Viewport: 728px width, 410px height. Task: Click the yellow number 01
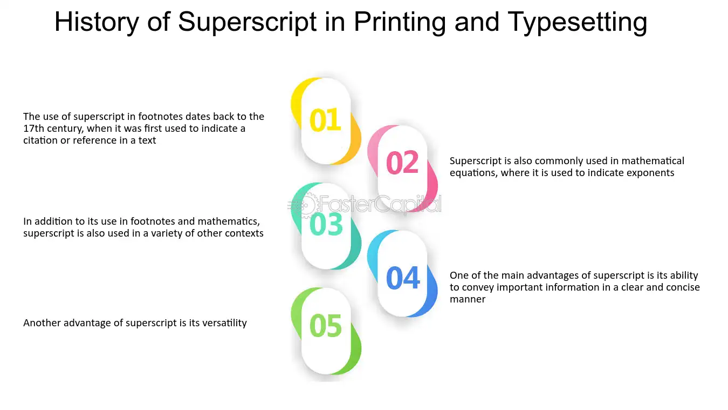click(325, 120)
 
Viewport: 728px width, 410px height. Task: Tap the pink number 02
click(402, 163)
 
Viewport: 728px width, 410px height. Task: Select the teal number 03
click(326, 224)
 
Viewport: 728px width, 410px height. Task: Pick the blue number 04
click(403, 278)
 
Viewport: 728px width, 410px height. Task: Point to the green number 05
click(326, 326)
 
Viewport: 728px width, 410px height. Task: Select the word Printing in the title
click(400, 23)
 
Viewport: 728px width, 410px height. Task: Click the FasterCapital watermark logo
click(365, 204)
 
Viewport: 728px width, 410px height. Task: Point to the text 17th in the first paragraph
click(34, 129)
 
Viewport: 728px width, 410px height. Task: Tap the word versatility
click(224, 323)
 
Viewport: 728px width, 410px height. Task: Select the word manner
click(468, 299)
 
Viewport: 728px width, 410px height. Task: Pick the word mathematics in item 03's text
click(229, 222)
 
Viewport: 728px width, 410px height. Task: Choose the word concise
click(683, 287)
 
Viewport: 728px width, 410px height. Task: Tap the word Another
click(42, 323)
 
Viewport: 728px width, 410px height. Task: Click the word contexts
click(246, 233)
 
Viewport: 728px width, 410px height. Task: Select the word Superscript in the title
click(248, 23)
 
